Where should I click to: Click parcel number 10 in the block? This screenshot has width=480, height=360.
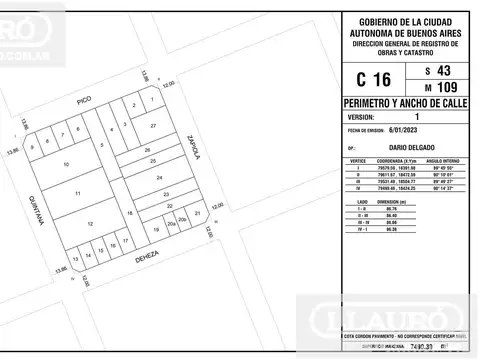67,164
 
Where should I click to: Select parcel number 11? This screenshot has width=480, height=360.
77,192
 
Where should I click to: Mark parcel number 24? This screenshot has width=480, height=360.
159,176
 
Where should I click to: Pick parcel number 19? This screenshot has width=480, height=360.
156,230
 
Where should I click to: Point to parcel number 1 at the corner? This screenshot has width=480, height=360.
152,99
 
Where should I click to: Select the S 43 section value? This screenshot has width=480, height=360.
439,69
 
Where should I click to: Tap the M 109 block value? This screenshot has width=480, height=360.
439,89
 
